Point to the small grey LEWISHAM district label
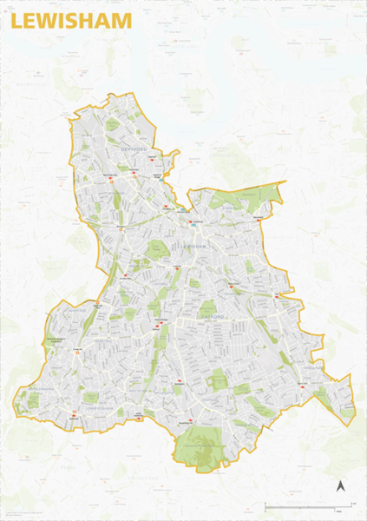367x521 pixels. (x=194, y=247)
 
